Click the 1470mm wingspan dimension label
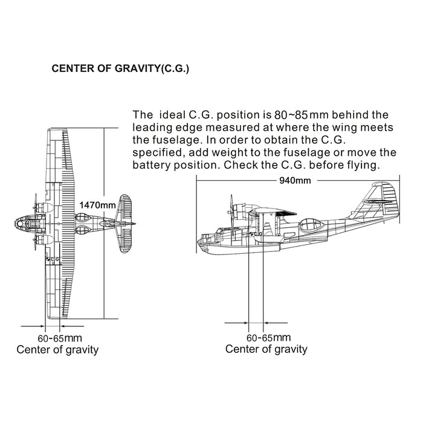pos(97,205)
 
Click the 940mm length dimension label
pos(295,180)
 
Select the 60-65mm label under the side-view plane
pos(269,337)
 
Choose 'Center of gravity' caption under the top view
pos(57,350)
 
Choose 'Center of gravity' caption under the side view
pos(266,349)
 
